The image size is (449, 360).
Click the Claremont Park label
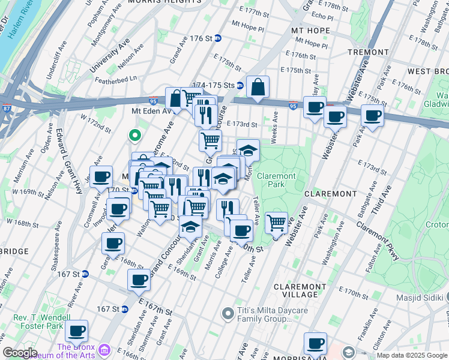click(x=276, y=180)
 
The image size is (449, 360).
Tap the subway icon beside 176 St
click(x=219, y=38)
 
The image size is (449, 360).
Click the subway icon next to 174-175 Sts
click(x=240, y=86)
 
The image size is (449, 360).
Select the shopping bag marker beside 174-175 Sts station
click(x=258, y=87)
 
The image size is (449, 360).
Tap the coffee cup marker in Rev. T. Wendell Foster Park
click(x=77, y=331)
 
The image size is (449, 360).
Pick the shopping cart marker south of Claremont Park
click(x=276, y=223)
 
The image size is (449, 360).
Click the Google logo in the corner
click(x=19, y=353)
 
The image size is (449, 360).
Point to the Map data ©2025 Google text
click(x=412, y=355)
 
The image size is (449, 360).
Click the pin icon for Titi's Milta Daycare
click(x=227, y=313)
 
